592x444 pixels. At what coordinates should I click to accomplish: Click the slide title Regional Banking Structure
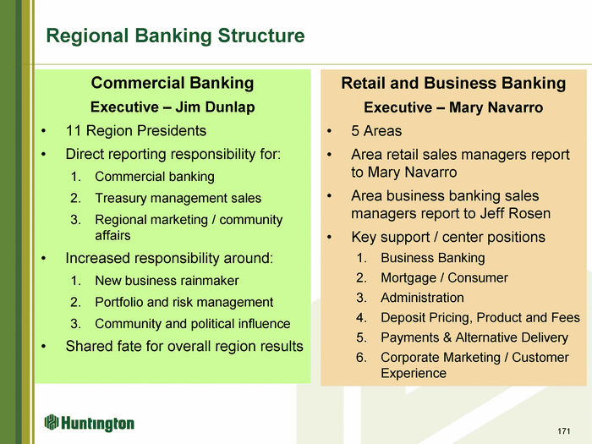175,36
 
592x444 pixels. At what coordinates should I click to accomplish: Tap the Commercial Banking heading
173,83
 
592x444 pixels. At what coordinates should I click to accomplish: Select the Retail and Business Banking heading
453,83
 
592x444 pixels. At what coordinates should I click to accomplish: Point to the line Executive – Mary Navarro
453,107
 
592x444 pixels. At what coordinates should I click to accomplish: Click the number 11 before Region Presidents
74,131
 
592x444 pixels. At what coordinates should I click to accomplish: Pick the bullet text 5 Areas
376,131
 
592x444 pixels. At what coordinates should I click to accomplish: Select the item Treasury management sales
178,198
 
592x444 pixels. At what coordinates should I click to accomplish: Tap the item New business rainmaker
167,281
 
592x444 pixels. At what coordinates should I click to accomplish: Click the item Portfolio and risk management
184,302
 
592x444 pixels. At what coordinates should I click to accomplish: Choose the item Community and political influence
193,324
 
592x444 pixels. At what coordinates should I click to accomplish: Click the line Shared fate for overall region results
184,346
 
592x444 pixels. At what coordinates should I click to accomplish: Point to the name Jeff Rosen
515,214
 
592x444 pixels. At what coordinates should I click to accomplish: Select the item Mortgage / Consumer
444,278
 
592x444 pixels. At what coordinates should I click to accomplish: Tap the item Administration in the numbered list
422,298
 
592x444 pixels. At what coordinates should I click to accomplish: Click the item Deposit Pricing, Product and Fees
480,317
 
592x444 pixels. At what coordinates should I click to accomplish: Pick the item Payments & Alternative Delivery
474,337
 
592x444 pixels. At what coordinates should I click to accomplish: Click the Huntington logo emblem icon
52,422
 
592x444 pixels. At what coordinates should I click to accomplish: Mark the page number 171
564,431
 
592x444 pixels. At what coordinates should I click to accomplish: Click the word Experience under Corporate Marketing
414,374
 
